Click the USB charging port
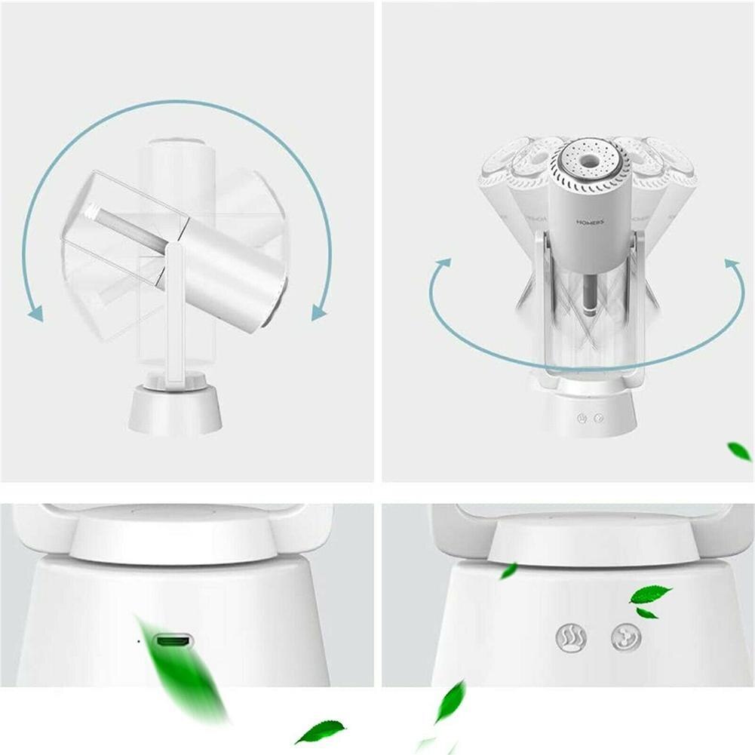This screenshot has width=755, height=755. (173, 643)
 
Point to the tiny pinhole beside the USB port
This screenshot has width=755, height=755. (139, 642)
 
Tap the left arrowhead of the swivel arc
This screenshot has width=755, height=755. (442, 265)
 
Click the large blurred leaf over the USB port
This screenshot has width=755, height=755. (181, 668)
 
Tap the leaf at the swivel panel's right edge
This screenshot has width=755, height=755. (739, 451)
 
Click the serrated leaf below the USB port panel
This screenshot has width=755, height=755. (320, 731)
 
